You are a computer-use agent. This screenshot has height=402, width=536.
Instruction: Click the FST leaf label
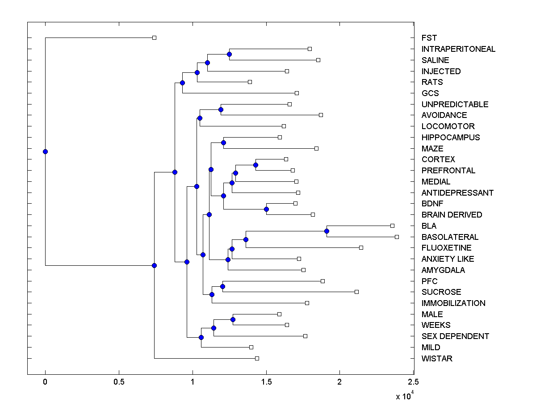coord(429,38)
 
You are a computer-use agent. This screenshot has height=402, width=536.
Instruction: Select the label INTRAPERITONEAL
coord(458,49)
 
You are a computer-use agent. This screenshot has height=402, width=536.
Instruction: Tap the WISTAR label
coord(437,359)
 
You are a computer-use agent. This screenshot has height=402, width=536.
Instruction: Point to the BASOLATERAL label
coord(450,237)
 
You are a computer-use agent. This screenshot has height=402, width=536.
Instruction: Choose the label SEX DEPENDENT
coord(455,336)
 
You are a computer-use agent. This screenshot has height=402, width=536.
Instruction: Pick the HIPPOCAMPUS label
coord(451,138)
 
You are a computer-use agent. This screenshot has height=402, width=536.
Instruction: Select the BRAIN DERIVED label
coord(452,215)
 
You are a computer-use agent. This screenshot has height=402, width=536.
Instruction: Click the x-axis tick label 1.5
coord(266,382)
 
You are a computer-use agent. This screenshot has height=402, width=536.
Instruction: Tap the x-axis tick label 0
coord(45,382)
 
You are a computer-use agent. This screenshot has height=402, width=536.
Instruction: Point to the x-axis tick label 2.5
coord(414,382)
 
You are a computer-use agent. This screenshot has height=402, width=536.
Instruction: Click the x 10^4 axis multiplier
coord(405,395)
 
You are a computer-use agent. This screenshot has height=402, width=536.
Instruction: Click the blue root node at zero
coord(45,151)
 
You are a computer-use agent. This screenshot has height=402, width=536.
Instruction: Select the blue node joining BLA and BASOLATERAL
coord(327,231)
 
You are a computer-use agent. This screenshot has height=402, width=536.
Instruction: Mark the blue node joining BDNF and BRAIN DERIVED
coord(266,209)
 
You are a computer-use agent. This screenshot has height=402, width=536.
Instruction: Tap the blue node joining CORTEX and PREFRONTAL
coord(255,165)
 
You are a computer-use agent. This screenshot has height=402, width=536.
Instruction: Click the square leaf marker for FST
coord(154,38)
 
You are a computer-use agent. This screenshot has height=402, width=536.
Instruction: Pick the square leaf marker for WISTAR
coord(257,358)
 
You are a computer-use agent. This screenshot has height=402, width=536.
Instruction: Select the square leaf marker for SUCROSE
coord(356,292)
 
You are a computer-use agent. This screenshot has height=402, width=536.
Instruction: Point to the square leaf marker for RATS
coord(250,82)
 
